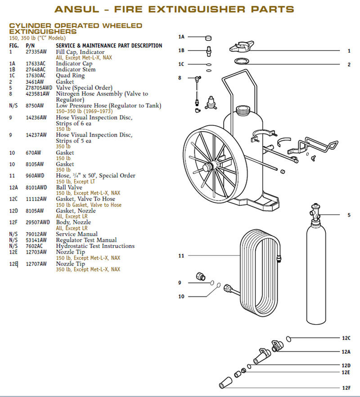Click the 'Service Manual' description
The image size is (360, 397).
point(76,234)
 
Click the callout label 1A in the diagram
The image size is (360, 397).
point(181,37)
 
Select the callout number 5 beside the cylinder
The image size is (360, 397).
point(348,215)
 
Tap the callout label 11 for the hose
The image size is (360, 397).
point(181,256)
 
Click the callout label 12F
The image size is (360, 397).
point(346,388)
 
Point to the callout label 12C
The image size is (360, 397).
point(346,338)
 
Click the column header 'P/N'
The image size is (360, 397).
point(30,46)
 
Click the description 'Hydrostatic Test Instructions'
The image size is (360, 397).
point(95,246)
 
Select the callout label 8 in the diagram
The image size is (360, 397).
point(180,78)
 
